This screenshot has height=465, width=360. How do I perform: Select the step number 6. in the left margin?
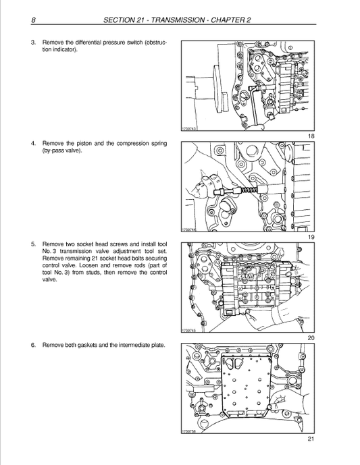[34, 345]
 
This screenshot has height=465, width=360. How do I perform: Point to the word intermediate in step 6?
[134, 345]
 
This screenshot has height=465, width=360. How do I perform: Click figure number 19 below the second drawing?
[311, 238]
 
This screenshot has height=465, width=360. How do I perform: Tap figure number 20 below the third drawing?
[311, 338]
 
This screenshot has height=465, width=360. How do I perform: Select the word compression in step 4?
[133, 143]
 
